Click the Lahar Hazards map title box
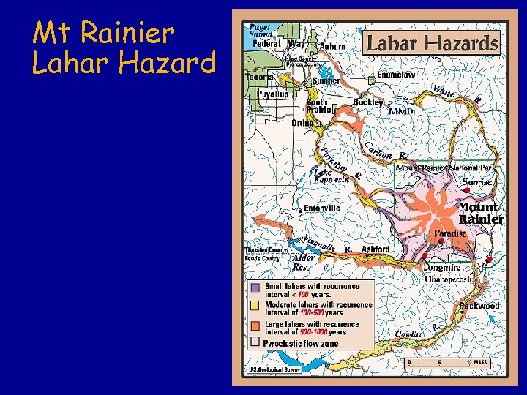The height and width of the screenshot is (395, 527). pos(432,44)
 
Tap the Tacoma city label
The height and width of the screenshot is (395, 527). pos(259,77)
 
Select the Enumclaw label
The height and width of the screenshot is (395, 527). pos(396,75)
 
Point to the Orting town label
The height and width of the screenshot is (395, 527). pos(303,123)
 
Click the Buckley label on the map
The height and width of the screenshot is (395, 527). pos(368,102)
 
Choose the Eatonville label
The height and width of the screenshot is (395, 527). pos(322,208)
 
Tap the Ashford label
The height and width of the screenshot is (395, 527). pos(375,249)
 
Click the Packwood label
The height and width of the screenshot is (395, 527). pos(479,305)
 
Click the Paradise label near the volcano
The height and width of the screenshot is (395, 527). pos(450,233)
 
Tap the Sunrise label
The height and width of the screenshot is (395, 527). pos(476,181)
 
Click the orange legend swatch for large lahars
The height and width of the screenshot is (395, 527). pos(255,323)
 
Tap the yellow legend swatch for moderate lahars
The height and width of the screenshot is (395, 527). pos(255,305)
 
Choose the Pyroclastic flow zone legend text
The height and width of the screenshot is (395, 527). pos(302,342)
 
